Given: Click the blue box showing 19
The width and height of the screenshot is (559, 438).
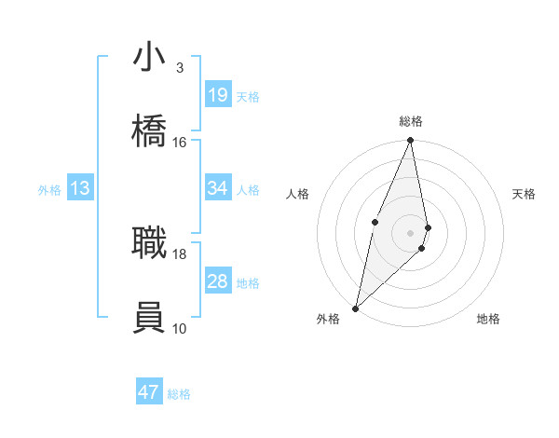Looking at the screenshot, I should pos(218,95).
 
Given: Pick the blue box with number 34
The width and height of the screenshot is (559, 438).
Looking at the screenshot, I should pos(218,188).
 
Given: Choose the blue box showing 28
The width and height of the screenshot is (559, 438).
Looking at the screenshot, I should pos(218,281).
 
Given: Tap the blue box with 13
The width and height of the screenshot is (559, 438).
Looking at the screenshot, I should pos(80,188).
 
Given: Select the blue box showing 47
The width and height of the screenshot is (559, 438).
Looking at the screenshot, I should pos(149,392).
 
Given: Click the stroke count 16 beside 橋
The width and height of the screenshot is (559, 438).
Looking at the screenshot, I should pos(180,143).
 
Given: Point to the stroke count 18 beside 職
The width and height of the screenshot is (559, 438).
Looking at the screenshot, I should pos(180,253).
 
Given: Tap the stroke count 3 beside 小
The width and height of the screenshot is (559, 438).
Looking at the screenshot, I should pos(180,68).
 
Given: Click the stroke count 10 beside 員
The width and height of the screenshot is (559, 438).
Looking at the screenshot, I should pos(180,328).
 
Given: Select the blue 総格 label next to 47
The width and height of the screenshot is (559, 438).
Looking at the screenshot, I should pos(180,394).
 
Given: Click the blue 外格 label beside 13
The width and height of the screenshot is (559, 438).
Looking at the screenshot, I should pos(49,190).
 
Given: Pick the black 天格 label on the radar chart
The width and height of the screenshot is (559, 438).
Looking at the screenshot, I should pos(525,194).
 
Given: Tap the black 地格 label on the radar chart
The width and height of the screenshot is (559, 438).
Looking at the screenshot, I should pos(488,319).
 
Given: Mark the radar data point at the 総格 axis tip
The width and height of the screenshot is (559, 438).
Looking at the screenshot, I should pos(410,141).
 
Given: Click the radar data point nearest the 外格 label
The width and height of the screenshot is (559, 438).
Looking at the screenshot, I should pos(355,308).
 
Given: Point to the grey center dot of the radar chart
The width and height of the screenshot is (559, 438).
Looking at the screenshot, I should pos(410,232).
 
